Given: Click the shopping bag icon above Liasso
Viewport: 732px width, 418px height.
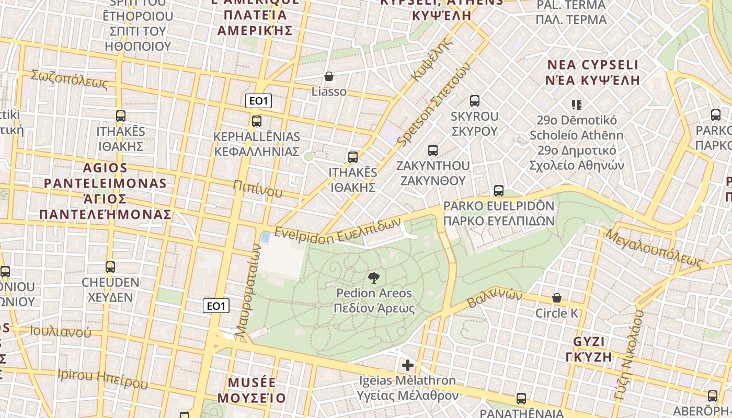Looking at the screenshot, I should click(329, 77).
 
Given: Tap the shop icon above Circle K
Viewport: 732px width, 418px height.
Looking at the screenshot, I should click(557, 298).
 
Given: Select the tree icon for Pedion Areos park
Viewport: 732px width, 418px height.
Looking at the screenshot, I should click(374, 277).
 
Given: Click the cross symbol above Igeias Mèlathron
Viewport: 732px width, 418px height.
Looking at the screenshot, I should click(408, 365).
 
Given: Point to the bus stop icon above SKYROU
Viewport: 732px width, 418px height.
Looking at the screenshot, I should click(475, 101).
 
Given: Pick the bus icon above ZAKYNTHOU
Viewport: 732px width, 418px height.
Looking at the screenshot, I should click(433, 150).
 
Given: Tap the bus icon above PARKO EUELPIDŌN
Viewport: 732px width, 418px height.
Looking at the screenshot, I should click(499, 191).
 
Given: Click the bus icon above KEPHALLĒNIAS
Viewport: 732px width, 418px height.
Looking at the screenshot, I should click(257, 121).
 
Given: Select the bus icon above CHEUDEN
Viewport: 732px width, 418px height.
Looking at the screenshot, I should click(110, 267).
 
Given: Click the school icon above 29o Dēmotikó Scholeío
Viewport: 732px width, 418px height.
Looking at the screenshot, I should click(577, 105).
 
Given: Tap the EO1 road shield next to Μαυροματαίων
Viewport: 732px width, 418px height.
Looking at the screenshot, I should click(216, 306).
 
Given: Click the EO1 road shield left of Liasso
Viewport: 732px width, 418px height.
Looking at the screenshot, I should click(258, 101).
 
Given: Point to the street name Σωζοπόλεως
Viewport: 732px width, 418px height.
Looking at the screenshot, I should click(70, 79).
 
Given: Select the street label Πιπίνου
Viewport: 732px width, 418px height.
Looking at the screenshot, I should click(258, 189).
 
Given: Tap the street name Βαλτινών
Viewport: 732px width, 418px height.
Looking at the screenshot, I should click(495, 298).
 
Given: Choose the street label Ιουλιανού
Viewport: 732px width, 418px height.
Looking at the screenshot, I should click(60, 331).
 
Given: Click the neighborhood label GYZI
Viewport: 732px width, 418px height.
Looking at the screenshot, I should click(589, 342).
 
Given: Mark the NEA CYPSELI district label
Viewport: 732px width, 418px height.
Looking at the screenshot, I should click(593, 65).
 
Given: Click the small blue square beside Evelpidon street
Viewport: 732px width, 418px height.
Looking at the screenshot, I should click(266, 237).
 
